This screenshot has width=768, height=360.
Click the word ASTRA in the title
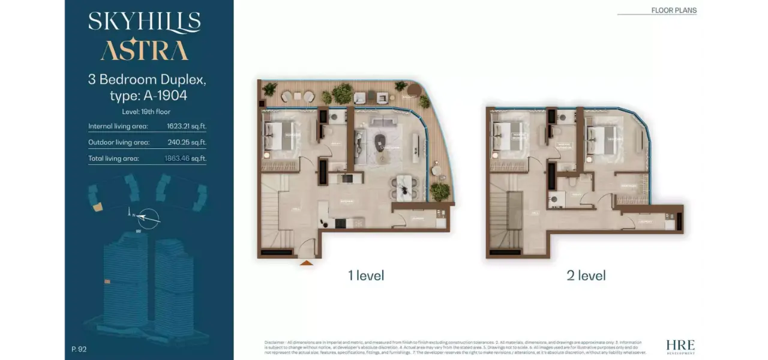coord(144,50)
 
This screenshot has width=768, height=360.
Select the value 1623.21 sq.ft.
coord(186,127)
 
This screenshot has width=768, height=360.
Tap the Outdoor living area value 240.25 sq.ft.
coord(186,143)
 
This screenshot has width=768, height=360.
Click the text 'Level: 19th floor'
coord(146,112)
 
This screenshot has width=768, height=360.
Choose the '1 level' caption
coord(366,275)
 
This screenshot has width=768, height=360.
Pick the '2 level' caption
coord(586,275)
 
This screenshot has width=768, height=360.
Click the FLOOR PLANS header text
coord(674,10)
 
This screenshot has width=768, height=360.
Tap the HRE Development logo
coord(680,346)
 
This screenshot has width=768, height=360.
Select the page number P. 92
coord(79,349)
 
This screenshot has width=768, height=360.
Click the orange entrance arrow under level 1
coord(307,262)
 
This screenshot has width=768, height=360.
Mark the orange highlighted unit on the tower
coord(107,281)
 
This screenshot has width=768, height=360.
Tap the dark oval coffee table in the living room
coord(382,142)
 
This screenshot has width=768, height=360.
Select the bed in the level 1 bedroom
coord(279,136)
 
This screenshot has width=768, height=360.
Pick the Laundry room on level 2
coord(647,221)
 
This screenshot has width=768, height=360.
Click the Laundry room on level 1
coord(418,218)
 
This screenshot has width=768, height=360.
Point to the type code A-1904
coord(166,95)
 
